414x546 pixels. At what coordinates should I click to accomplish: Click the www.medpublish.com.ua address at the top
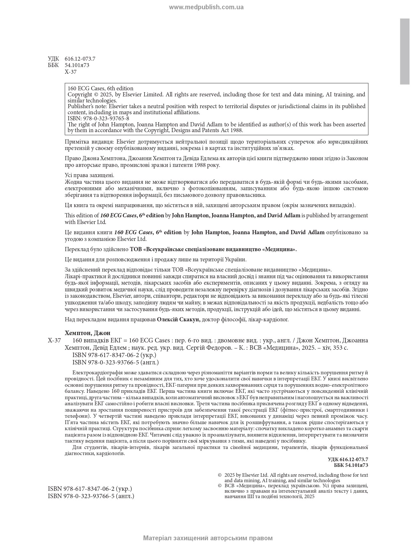[206, 7]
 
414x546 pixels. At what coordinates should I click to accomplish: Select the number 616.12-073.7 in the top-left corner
[80, 59]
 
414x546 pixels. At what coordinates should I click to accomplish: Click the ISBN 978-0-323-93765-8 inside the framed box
[98, 118]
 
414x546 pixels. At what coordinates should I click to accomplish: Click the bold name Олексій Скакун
[179, 319]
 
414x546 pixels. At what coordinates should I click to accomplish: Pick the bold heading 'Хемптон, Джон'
[87, 333]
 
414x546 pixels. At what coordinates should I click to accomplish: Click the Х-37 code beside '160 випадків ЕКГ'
[54, 340]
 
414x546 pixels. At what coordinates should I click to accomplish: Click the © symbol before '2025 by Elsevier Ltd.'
[219, 475]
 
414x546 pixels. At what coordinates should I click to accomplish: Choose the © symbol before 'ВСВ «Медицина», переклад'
[219, 486]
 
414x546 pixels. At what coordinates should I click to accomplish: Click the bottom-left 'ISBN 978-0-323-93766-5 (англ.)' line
[91, 496]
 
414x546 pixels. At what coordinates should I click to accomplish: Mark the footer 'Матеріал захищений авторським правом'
[208, 538]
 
